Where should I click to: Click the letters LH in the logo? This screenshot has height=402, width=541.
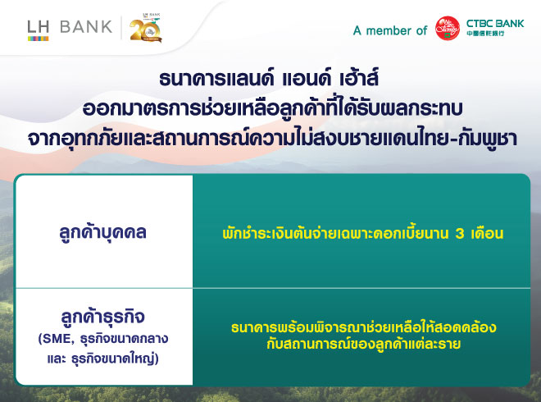[x=39, y=27]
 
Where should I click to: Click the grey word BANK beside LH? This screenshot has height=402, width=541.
[x=86, y=27]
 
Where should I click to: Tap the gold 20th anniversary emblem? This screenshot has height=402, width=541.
[x=146, y=29]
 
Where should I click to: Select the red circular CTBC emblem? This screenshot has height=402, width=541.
[x=448, y=29]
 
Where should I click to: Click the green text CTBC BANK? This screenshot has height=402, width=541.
[x=495, y=24]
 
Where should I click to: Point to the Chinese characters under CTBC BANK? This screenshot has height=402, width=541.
[x=485, y=34]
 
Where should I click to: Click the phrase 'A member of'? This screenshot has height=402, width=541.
[x=390, y=30]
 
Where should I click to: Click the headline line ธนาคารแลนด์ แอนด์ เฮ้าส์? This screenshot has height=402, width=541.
[x=269, y=78]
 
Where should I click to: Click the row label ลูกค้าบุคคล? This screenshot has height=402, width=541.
[x=102, y=232]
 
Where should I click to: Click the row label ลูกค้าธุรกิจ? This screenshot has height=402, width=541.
[x=102, y=317]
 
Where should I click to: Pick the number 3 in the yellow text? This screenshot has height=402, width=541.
[x=460, y=234]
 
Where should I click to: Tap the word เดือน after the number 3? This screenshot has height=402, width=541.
[x=488, y=233]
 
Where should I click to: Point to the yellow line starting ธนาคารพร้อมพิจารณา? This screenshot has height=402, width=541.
[x=364, y=327]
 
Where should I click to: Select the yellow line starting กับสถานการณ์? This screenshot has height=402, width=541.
[x=364, y=344]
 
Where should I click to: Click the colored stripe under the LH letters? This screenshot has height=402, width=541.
[x=39, y=39]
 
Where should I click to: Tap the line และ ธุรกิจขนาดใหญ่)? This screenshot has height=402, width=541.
[x=103, y=359]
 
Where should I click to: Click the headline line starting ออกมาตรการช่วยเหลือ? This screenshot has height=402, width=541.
[x=273, y=108]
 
